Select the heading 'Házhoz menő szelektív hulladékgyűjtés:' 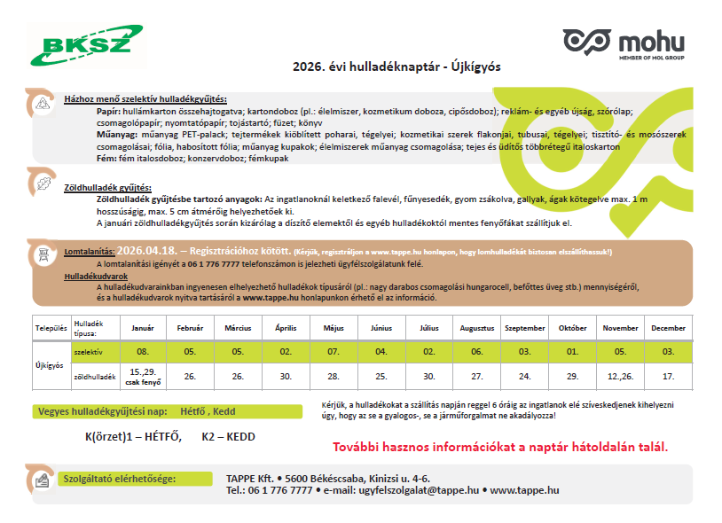145,98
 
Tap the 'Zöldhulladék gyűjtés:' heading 107,188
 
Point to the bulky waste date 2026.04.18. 145,252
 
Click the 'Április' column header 286,328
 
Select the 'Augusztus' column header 476,328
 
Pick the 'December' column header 668,328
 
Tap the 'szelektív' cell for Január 143,352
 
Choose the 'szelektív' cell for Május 334,352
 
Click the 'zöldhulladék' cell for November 620,376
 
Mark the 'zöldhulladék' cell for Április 286,376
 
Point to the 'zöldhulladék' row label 94,376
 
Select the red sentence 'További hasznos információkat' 499,446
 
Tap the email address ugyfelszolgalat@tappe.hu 422,489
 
